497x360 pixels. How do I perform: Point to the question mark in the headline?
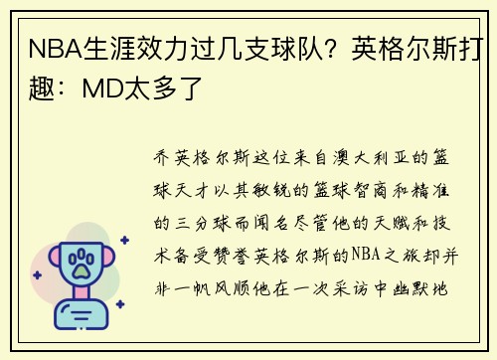point(324,48)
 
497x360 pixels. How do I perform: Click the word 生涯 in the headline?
point(104,48)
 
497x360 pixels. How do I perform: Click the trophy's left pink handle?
point(44,261)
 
